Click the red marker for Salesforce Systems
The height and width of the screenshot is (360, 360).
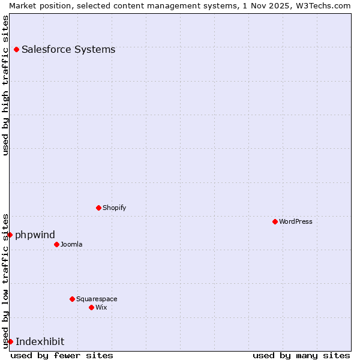point(16,49)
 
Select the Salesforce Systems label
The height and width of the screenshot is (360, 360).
point(68,49)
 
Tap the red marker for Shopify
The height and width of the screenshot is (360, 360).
point(98,208)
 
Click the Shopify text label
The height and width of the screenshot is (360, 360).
point(114,208)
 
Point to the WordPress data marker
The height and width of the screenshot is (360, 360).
point(275,221)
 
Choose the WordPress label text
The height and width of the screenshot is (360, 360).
point(296,221)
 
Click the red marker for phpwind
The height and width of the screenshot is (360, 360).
point(10,235)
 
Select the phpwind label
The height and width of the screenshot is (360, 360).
point(35,235)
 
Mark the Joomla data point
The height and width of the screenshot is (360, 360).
point(56,244)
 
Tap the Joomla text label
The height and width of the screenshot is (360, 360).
point(71,244)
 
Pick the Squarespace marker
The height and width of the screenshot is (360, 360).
point(72,299)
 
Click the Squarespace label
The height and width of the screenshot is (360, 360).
point(97,299)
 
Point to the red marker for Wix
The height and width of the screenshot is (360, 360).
point(91,307)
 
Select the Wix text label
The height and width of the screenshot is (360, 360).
point(101,307)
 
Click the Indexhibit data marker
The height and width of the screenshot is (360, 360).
point(10,341)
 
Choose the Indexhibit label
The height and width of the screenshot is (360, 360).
point(40,341)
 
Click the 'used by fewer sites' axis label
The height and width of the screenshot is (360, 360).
point(62,355)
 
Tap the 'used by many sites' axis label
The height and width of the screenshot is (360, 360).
point(301,355)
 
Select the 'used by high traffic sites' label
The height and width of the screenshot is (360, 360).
point(5,85)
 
